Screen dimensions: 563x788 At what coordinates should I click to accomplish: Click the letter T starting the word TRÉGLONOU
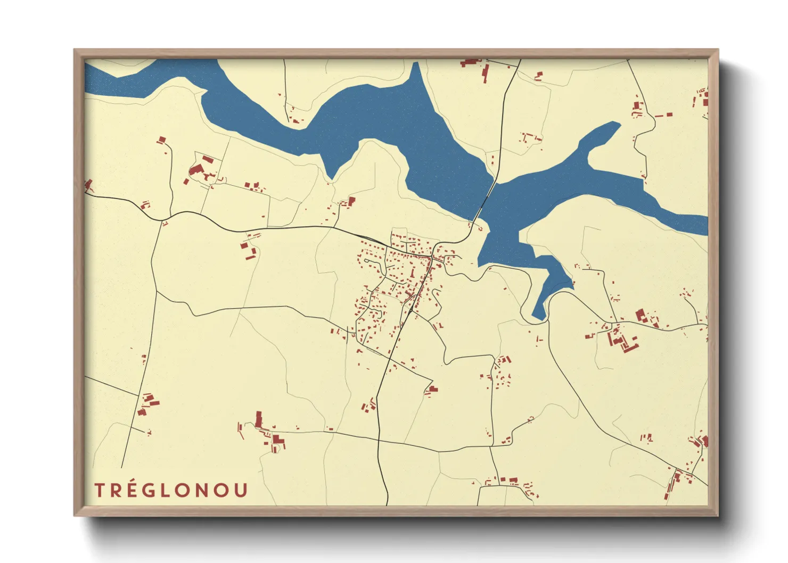99,490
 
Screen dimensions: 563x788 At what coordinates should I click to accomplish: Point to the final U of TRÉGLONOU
241,490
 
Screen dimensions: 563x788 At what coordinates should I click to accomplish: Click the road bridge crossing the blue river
490,191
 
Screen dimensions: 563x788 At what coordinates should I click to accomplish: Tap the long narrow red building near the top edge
485,73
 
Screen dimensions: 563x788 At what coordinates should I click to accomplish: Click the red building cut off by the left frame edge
88,185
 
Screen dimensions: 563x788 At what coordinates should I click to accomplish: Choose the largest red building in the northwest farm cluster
196,170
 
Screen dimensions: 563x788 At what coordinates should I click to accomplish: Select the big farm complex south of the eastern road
619,340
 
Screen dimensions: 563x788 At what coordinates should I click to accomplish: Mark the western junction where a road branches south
162,220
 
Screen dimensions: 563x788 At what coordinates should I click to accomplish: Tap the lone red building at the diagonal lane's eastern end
432,390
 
